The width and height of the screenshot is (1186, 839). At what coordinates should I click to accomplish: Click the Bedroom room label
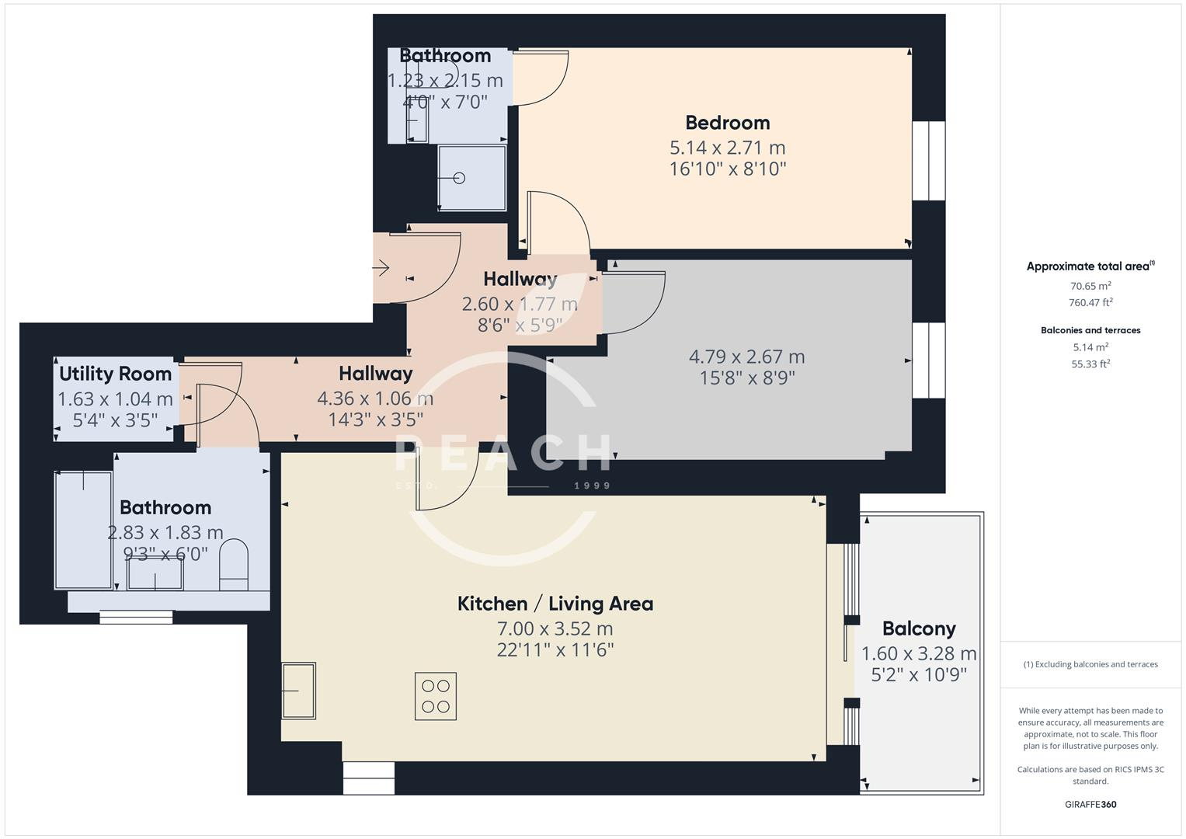click(x=727, y=123)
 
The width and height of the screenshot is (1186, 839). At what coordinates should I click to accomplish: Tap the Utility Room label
click(x=115, y=374)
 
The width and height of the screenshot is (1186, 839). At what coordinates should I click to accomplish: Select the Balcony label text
click(x=918, y=628)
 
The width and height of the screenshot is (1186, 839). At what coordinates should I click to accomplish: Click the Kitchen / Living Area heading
click(x=555, y=604)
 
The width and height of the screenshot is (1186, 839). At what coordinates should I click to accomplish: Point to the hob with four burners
click(x=435, y=696)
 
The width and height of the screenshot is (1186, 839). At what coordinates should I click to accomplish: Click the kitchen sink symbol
click(x=298, y=690)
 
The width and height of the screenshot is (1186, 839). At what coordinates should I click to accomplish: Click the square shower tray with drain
click(x=471, y=178)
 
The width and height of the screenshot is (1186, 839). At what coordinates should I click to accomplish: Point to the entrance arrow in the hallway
click(x=381, y=269)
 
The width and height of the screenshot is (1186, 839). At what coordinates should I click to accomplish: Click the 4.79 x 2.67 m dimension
click(x=746, y=357)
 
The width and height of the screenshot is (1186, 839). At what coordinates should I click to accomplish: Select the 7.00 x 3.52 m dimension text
click(x=555, y=628)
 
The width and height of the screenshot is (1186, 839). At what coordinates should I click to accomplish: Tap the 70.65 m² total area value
click(x=1090, y=286)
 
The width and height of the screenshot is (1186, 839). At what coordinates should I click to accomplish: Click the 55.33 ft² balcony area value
click(x=1090, y=364)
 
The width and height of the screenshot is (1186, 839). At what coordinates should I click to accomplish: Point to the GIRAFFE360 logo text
click(x=1090, y=804)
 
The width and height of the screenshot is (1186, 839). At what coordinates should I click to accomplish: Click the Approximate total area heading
click(x=1087, y=266)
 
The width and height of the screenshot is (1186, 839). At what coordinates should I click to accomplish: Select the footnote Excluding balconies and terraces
click(x=1090, y=664)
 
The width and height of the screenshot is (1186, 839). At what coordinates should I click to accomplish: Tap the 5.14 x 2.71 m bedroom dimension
click(x=727, y=148)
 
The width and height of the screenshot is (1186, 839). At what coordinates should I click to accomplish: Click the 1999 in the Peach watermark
click(x=592, y=486)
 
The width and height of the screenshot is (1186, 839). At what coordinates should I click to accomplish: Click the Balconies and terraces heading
click(x=1090, y=330)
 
